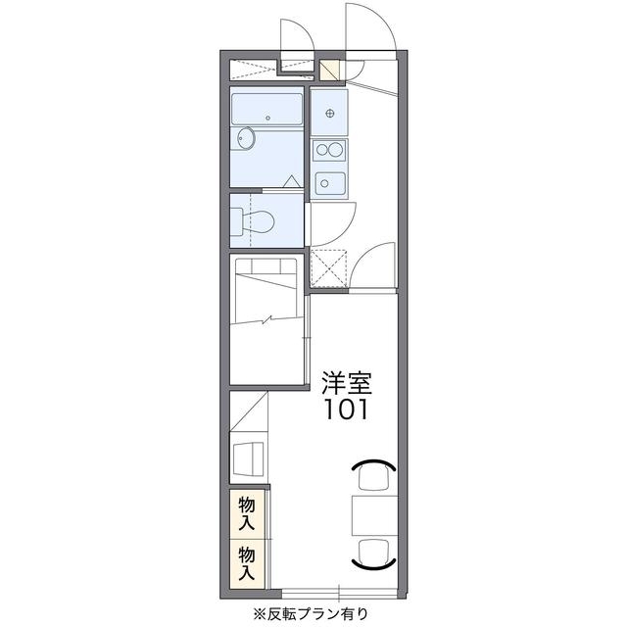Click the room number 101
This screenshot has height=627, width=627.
coord(346,409)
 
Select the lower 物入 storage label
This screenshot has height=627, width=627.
coord(248,560)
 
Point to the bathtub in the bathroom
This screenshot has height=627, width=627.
coord(267,109)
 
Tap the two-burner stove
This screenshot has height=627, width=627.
coord(329,150)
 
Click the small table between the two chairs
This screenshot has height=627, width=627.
coord(373,514)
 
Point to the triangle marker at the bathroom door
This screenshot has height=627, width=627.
coord(291,180)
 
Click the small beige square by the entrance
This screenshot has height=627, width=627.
coord(330,71)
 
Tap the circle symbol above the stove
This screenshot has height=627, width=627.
coord(330,112)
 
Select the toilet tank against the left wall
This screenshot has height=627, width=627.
coord(236,221)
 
